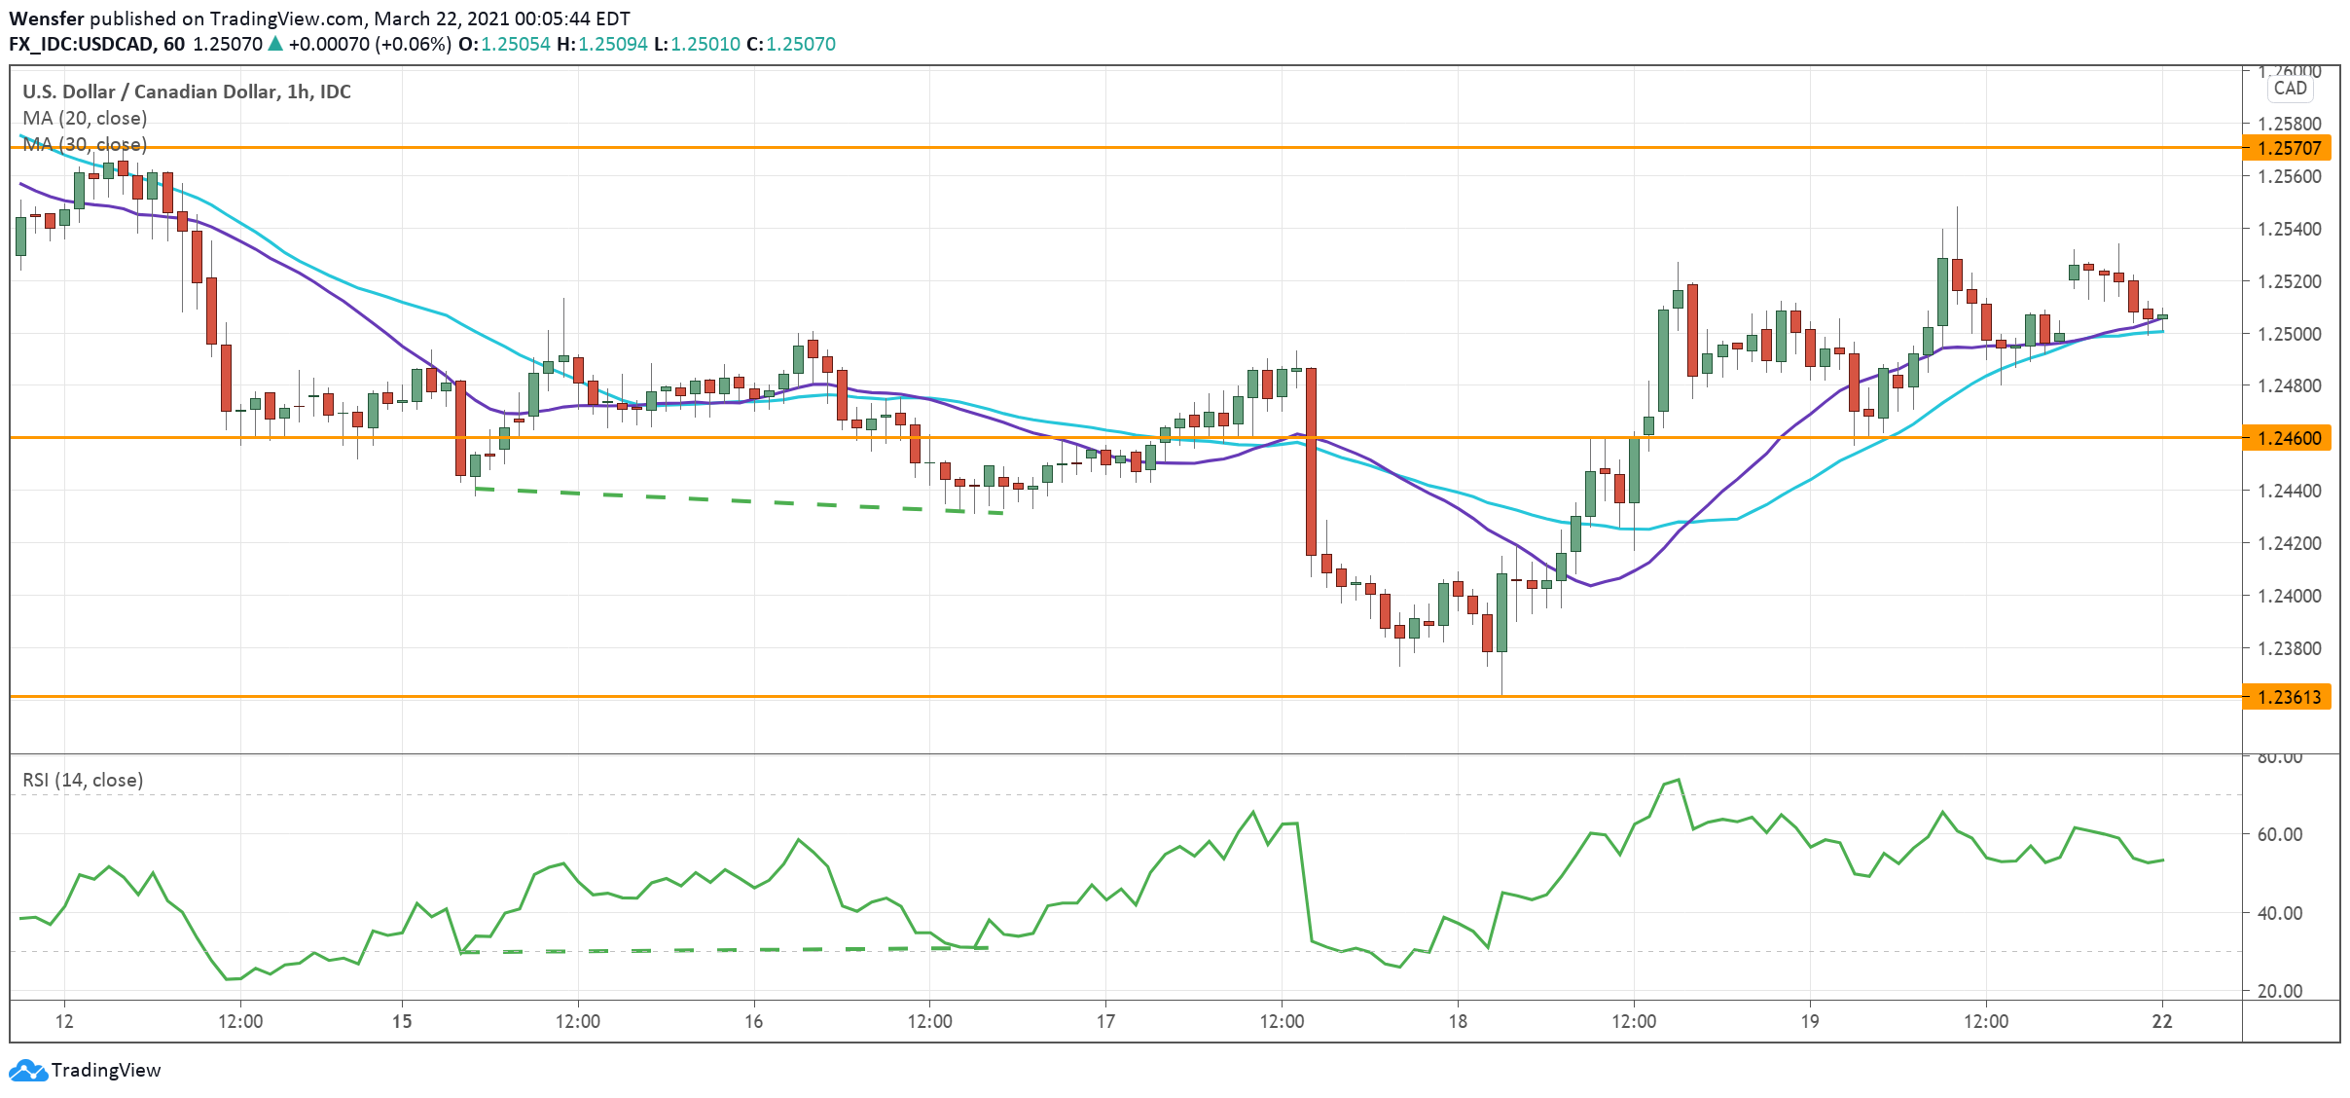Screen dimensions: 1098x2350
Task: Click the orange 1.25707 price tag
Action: click(x=2288, y=148)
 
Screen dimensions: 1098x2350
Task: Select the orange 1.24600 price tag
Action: click(x=2288, y=438)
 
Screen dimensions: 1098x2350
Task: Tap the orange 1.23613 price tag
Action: click(x=2288, y=697)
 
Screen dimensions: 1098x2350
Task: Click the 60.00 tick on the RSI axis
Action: click(x=2279, y=834)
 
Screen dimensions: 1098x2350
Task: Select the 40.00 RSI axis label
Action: click(x=2279, y=913)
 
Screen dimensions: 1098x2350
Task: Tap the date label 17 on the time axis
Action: click(x=1105, y=1021)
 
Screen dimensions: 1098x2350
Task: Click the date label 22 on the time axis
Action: click(x=2162, y=1021)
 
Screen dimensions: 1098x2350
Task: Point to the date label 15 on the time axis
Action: click(x=402, y=1021)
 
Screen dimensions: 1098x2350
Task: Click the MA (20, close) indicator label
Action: click(x=85, y=118)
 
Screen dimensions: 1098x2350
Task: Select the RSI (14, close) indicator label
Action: click(x=83, y=780)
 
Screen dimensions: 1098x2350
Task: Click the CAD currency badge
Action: click(x=2290, y=89)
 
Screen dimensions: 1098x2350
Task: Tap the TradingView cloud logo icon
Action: click(x=27, y=1071)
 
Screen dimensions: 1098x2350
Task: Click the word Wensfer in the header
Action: click(x=46, y=18)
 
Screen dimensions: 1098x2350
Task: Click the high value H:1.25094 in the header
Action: click(x=602, y=44)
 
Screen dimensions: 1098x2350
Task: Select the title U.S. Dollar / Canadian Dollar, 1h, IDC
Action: click(x=187, y=91)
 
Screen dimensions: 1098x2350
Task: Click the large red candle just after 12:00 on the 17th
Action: click(x=1311, y=461)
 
